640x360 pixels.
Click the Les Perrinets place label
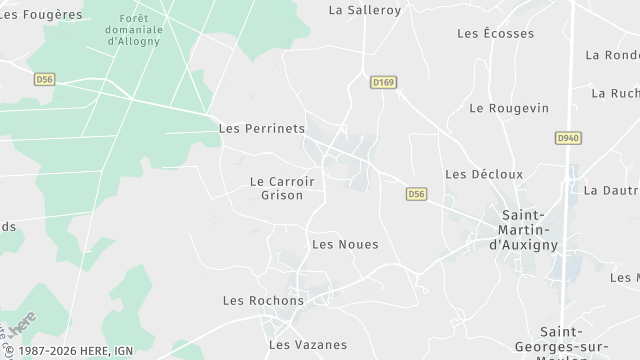click(x=261, y=129)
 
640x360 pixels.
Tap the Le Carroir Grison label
click(x=281, y=188)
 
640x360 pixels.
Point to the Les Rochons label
click(x=263, y=300)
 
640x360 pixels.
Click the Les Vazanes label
click(x=308, y=345)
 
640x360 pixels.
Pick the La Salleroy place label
click(x=365, y=10)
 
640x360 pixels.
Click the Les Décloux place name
click(x=484, y=174)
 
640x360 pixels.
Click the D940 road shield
click(x=567, y=138)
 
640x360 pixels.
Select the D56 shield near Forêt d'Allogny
click(x=44, y=79)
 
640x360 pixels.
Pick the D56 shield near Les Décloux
click(x=417, y=194)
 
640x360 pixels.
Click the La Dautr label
click(x=611, y=190)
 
